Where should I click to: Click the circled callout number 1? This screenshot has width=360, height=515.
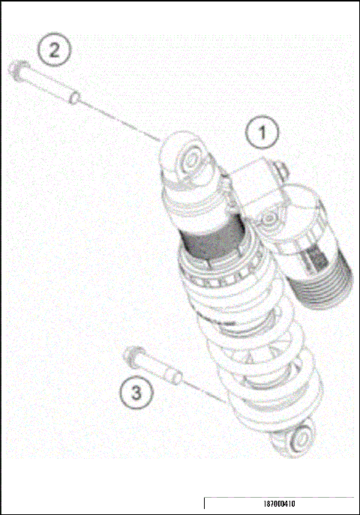(x=262, y=133)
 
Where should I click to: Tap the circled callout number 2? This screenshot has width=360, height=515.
(x=54, y=51)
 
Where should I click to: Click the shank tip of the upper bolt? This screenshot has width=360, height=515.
(x=76, y=98)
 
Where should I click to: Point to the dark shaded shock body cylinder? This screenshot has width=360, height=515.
(x=214, y=242)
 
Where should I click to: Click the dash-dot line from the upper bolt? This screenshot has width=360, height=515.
(x=120, y=119)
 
